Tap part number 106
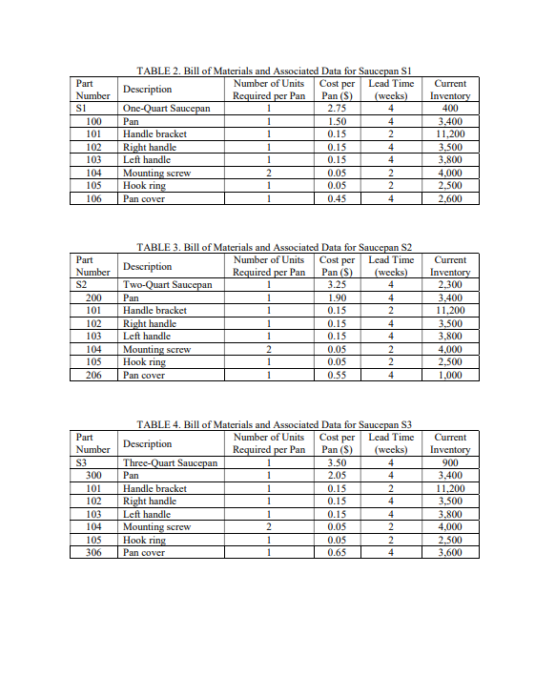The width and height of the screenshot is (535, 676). [94, 198]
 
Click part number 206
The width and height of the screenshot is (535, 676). [94, 376]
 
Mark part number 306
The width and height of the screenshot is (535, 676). [94, 552]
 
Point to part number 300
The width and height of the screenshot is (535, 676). [94, 475]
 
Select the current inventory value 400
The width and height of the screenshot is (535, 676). [449, 110]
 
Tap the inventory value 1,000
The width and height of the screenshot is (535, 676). [449, 376]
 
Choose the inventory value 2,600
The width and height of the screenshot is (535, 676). [449, 198]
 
